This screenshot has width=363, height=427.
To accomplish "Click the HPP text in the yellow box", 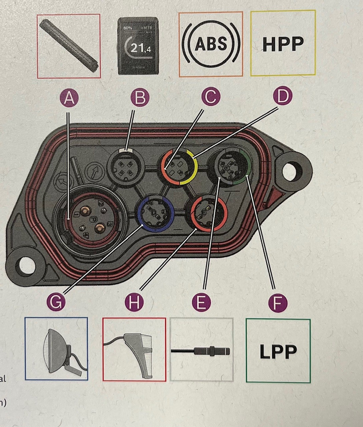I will point(283,44).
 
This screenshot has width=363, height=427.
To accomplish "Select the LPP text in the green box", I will point(278,351).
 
